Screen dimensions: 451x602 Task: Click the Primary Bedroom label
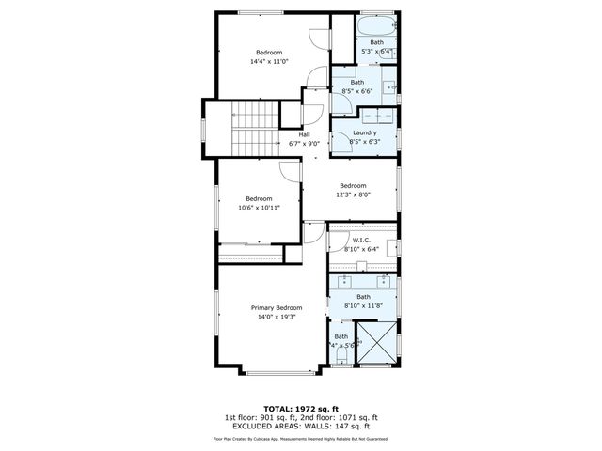click(277, 308)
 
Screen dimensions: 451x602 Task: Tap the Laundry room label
click(364, 132)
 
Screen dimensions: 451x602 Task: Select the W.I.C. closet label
click(361, 241)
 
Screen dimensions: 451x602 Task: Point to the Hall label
click(304, 134)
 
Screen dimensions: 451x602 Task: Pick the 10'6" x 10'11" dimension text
click(259, 208)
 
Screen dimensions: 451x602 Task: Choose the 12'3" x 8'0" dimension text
click(352, 194)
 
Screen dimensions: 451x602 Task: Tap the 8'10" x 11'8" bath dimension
click(363, 305)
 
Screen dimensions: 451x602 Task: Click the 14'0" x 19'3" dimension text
click(277, 318)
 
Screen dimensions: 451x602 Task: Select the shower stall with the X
click(378, 342)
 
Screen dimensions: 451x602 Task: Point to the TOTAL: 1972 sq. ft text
click(300, 409)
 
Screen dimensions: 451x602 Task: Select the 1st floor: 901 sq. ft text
click(260, 417)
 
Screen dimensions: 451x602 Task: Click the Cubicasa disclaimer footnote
click(301, 438)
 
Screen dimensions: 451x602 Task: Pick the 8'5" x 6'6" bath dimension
click(357, 91)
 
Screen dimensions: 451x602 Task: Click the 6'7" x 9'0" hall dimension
click(304, 144)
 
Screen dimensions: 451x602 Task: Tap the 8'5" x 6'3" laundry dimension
click(364, 142)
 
